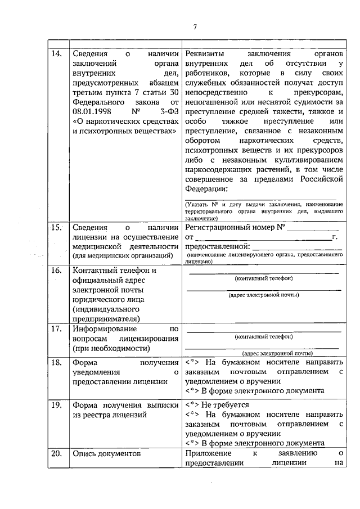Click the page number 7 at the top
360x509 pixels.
(x=195, y=27)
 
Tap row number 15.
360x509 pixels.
(x=56, y=228)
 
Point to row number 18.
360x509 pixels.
(x=56, y=363)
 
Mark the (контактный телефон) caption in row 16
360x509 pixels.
(x=263, y=278)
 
